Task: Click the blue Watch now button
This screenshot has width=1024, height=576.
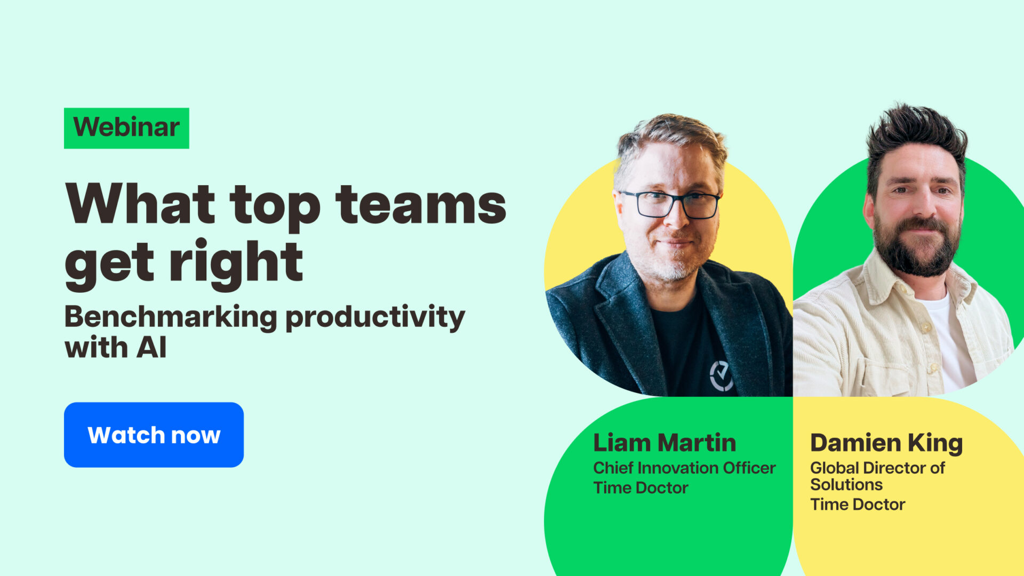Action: [x=154, y=435]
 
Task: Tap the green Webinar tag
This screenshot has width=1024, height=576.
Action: [x=126, y=128]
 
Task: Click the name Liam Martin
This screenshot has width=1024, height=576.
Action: [x=665, y=443]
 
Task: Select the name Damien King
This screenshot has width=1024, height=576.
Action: [x=886, y=443]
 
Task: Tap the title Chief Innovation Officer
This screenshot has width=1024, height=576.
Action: [x=684, y=468]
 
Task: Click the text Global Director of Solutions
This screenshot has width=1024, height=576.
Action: [x=877, y=476]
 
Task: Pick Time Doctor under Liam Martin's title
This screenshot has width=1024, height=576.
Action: [x=641, y=487]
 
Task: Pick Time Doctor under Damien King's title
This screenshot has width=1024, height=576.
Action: [x=858, y=504]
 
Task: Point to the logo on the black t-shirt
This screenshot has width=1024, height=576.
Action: [x=721, y=375]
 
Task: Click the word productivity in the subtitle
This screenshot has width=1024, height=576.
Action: [x=375, y=317]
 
